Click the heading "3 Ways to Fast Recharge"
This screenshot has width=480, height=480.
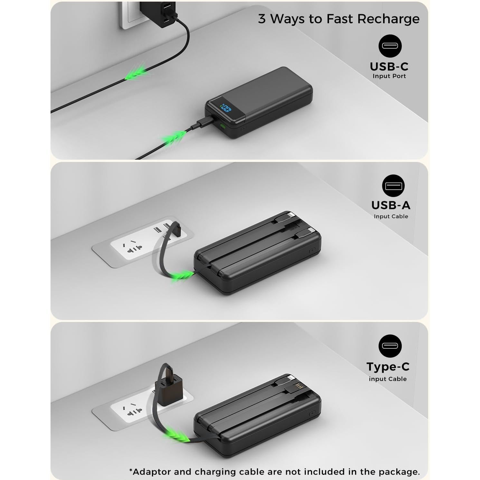[x=338, y=19]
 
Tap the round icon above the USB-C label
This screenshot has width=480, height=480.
[x=390, y=46]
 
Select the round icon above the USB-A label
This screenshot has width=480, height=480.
[x=393, y=186]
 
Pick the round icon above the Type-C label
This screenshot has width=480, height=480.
[x=390, y=346]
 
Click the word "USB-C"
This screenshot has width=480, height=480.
[x=389, y=67]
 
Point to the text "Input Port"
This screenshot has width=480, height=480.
[x=389, y=76]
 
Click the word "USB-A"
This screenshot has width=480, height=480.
[x=391, y=205]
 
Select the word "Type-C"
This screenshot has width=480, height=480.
[x=388, y=367]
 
